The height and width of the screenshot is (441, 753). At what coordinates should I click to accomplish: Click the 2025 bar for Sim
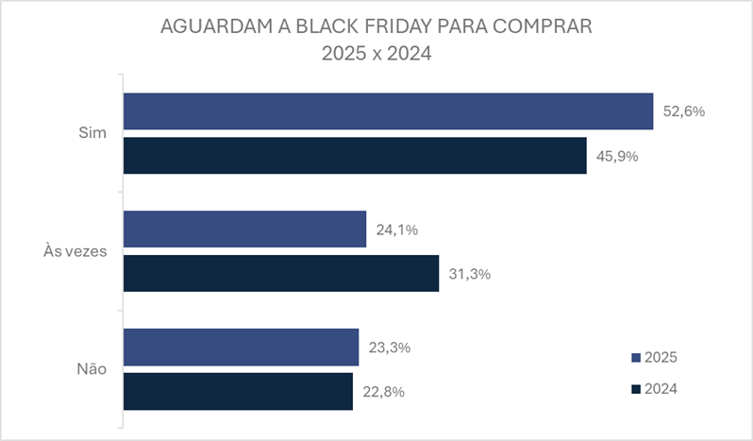click(388, 111)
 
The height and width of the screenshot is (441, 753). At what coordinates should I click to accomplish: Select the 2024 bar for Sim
click(355, 156)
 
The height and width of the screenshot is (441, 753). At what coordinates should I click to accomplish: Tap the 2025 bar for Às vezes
click(244, 229)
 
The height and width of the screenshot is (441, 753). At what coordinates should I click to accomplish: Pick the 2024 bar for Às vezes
click(281, 273)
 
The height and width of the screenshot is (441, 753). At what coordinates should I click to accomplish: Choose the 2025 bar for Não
click(241, 347)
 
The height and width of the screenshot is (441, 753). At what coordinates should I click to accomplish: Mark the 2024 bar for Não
click(238, 391)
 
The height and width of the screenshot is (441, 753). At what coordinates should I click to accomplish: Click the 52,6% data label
click(684, 111)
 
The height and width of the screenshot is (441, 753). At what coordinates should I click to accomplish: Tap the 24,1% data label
click(397, 229)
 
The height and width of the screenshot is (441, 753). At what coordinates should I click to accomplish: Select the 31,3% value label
click(470, 274)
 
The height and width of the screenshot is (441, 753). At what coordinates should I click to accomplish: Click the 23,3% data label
click(390, 347)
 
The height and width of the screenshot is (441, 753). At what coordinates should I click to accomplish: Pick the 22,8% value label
click(383, 391)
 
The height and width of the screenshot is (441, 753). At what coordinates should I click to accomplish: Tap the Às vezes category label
click(75, 251)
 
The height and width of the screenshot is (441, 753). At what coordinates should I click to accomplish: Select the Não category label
click(91, 369)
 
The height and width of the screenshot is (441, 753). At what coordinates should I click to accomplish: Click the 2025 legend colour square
click(635, 357)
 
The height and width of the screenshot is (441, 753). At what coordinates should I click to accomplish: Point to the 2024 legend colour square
click(635, 388)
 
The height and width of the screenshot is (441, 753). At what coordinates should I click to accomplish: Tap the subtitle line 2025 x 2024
click(376, 54)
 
